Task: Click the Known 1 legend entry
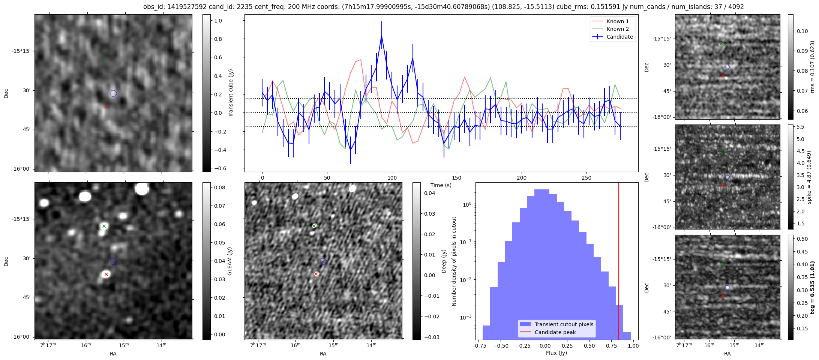[x=617, y=21]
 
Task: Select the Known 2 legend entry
[x=617, y=29]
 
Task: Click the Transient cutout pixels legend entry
[x=564, y=324]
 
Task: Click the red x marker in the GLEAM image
[x=106, y=274]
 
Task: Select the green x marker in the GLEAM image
[x=104, y=226]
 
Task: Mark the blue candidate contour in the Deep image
[x=324, y=261]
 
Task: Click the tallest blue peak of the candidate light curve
[x=381, y=35]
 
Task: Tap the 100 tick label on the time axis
[x=392, y=178]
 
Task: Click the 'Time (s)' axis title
[x=441, y=185]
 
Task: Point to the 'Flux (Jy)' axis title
[x=556, y=353]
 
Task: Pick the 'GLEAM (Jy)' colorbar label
[x=230, y=261]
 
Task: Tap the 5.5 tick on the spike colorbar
[x=800, y=127]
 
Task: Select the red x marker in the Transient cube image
[x=106, y=106]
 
